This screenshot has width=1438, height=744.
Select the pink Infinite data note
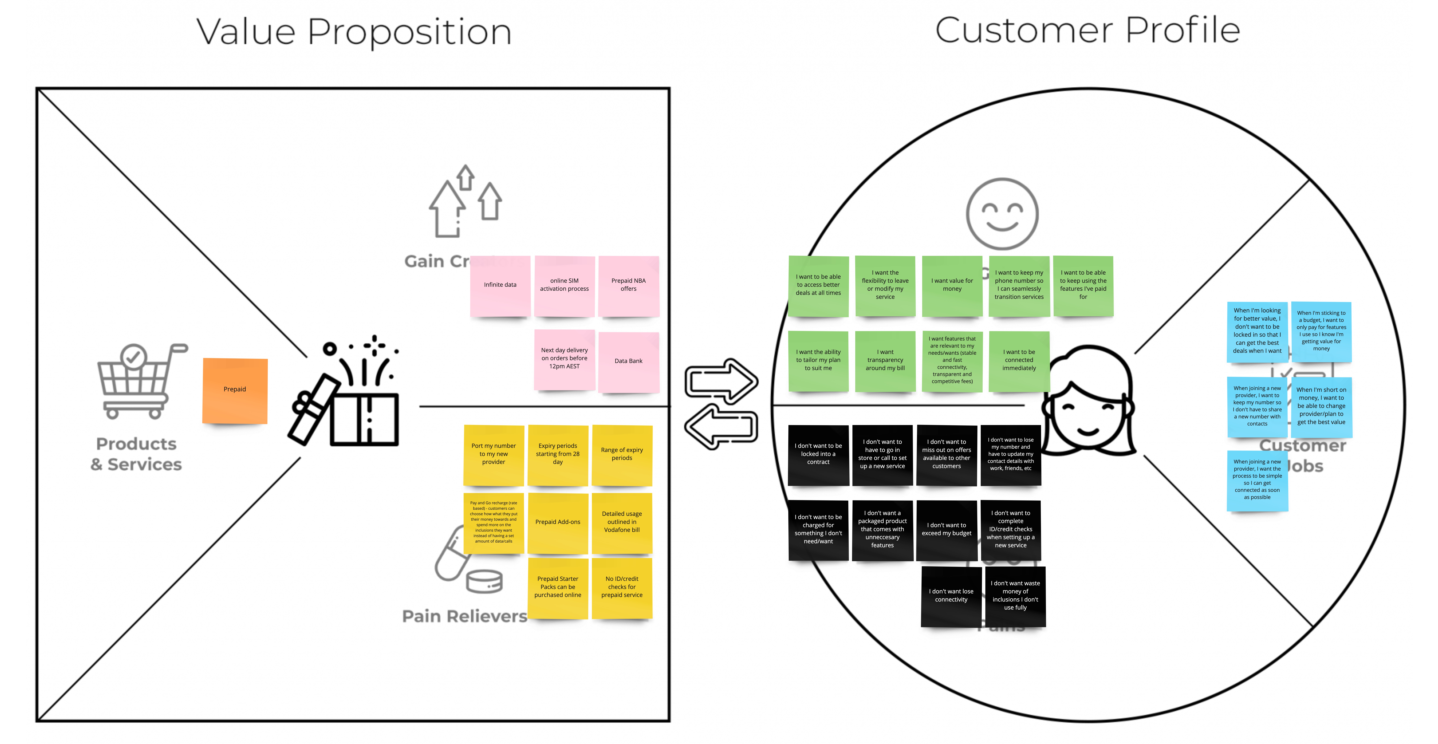point(500,285)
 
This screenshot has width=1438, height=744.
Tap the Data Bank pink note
point(629,361)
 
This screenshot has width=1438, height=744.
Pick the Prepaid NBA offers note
point(629,285)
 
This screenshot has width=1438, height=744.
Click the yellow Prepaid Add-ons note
point(558,522)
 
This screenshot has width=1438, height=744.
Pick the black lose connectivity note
point(951,596)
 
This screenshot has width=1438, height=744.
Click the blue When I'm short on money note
point(1321,407)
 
